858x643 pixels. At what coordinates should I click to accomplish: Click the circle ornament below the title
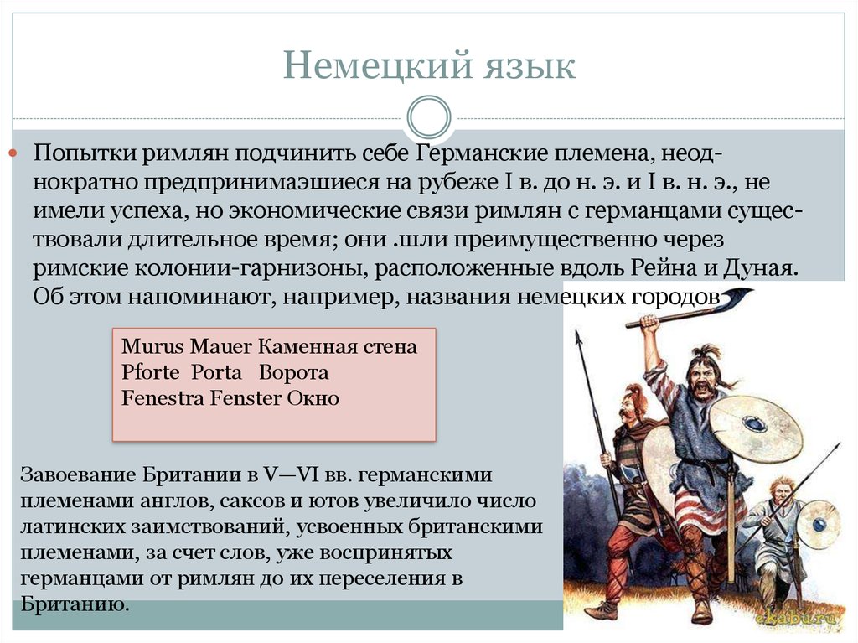tap(428, 118)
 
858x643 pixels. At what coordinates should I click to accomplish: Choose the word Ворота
tap(293, 372)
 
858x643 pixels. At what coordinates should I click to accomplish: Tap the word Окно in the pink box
tap(313, 398)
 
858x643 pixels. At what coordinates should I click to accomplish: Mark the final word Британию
tap(74, 604)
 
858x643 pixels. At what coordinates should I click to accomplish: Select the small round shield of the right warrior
tap(817, 523)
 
